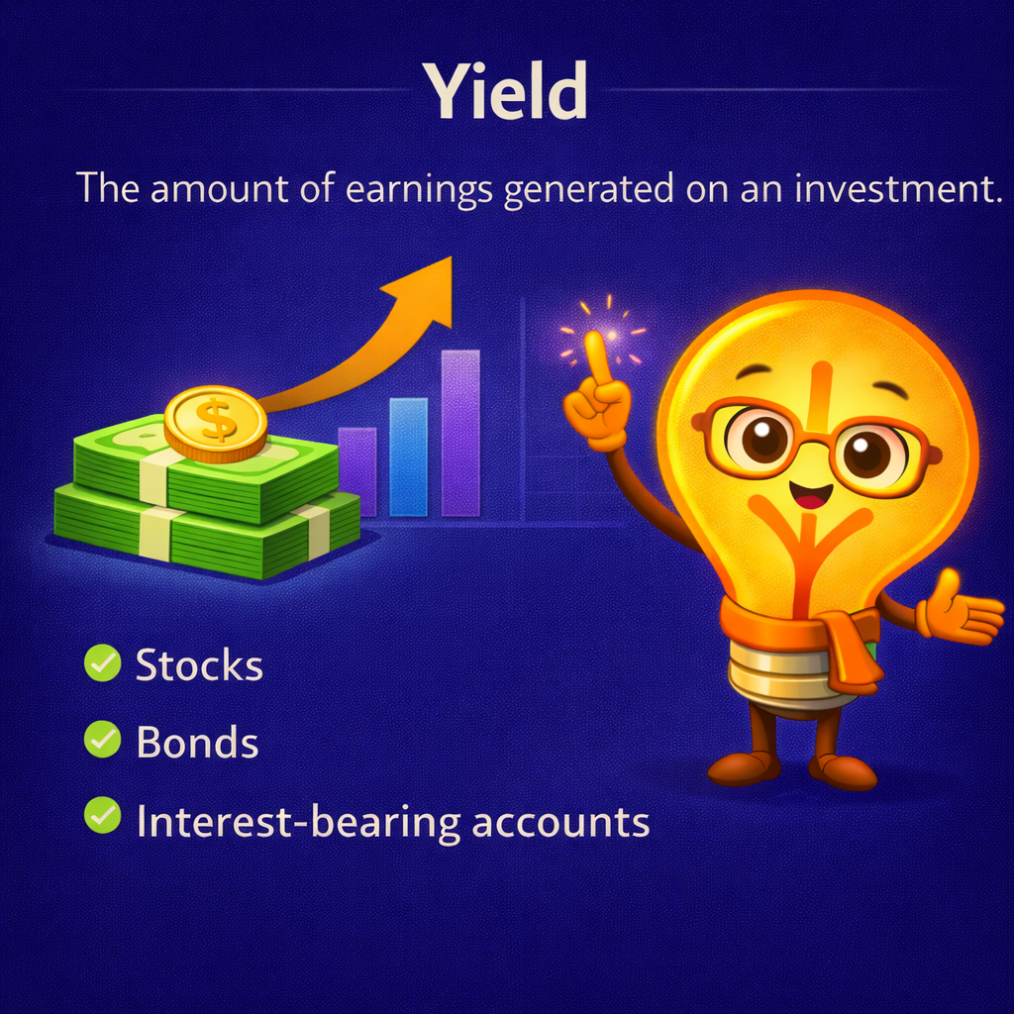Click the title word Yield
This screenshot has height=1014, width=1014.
point(506,90)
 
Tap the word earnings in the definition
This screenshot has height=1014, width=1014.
point(420,187)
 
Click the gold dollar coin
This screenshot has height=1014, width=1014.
point(215,423)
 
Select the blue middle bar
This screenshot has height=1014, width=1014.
point(408,456)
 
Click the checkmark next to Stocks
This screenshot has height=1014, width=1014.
point(101,664)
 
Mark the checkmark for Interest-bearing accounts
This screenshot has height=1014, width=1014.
point(101,818)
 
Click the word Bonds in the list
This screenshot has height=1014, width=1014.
point(197,742)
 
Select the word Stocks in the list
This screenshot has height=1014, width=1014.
point(199,665)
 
